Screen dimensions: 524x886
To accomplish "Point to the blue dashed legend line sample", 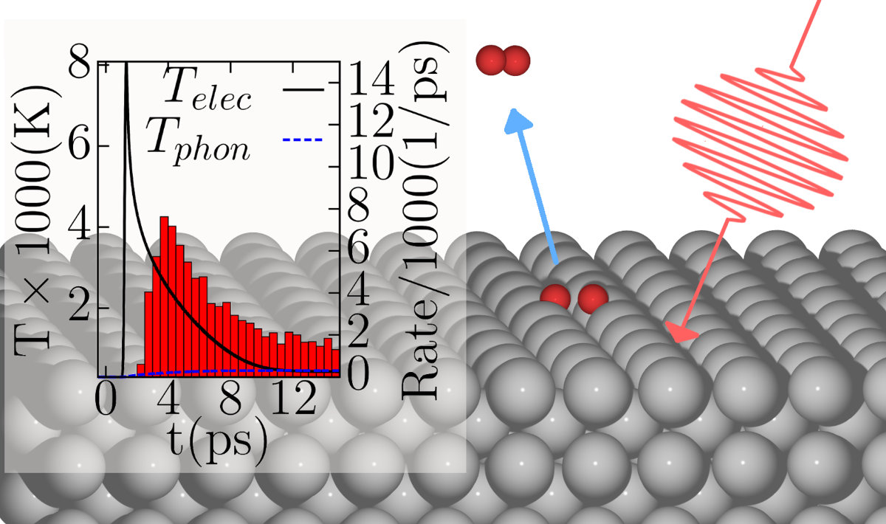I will pos(303,139).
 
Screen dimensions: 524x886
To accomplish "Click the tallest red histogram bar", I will pos(165,295).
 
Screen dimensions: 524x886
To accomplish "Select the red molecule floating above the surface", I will pos(504,60).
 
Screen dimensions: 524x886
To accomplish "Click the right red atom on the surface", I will pos(592,300).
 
